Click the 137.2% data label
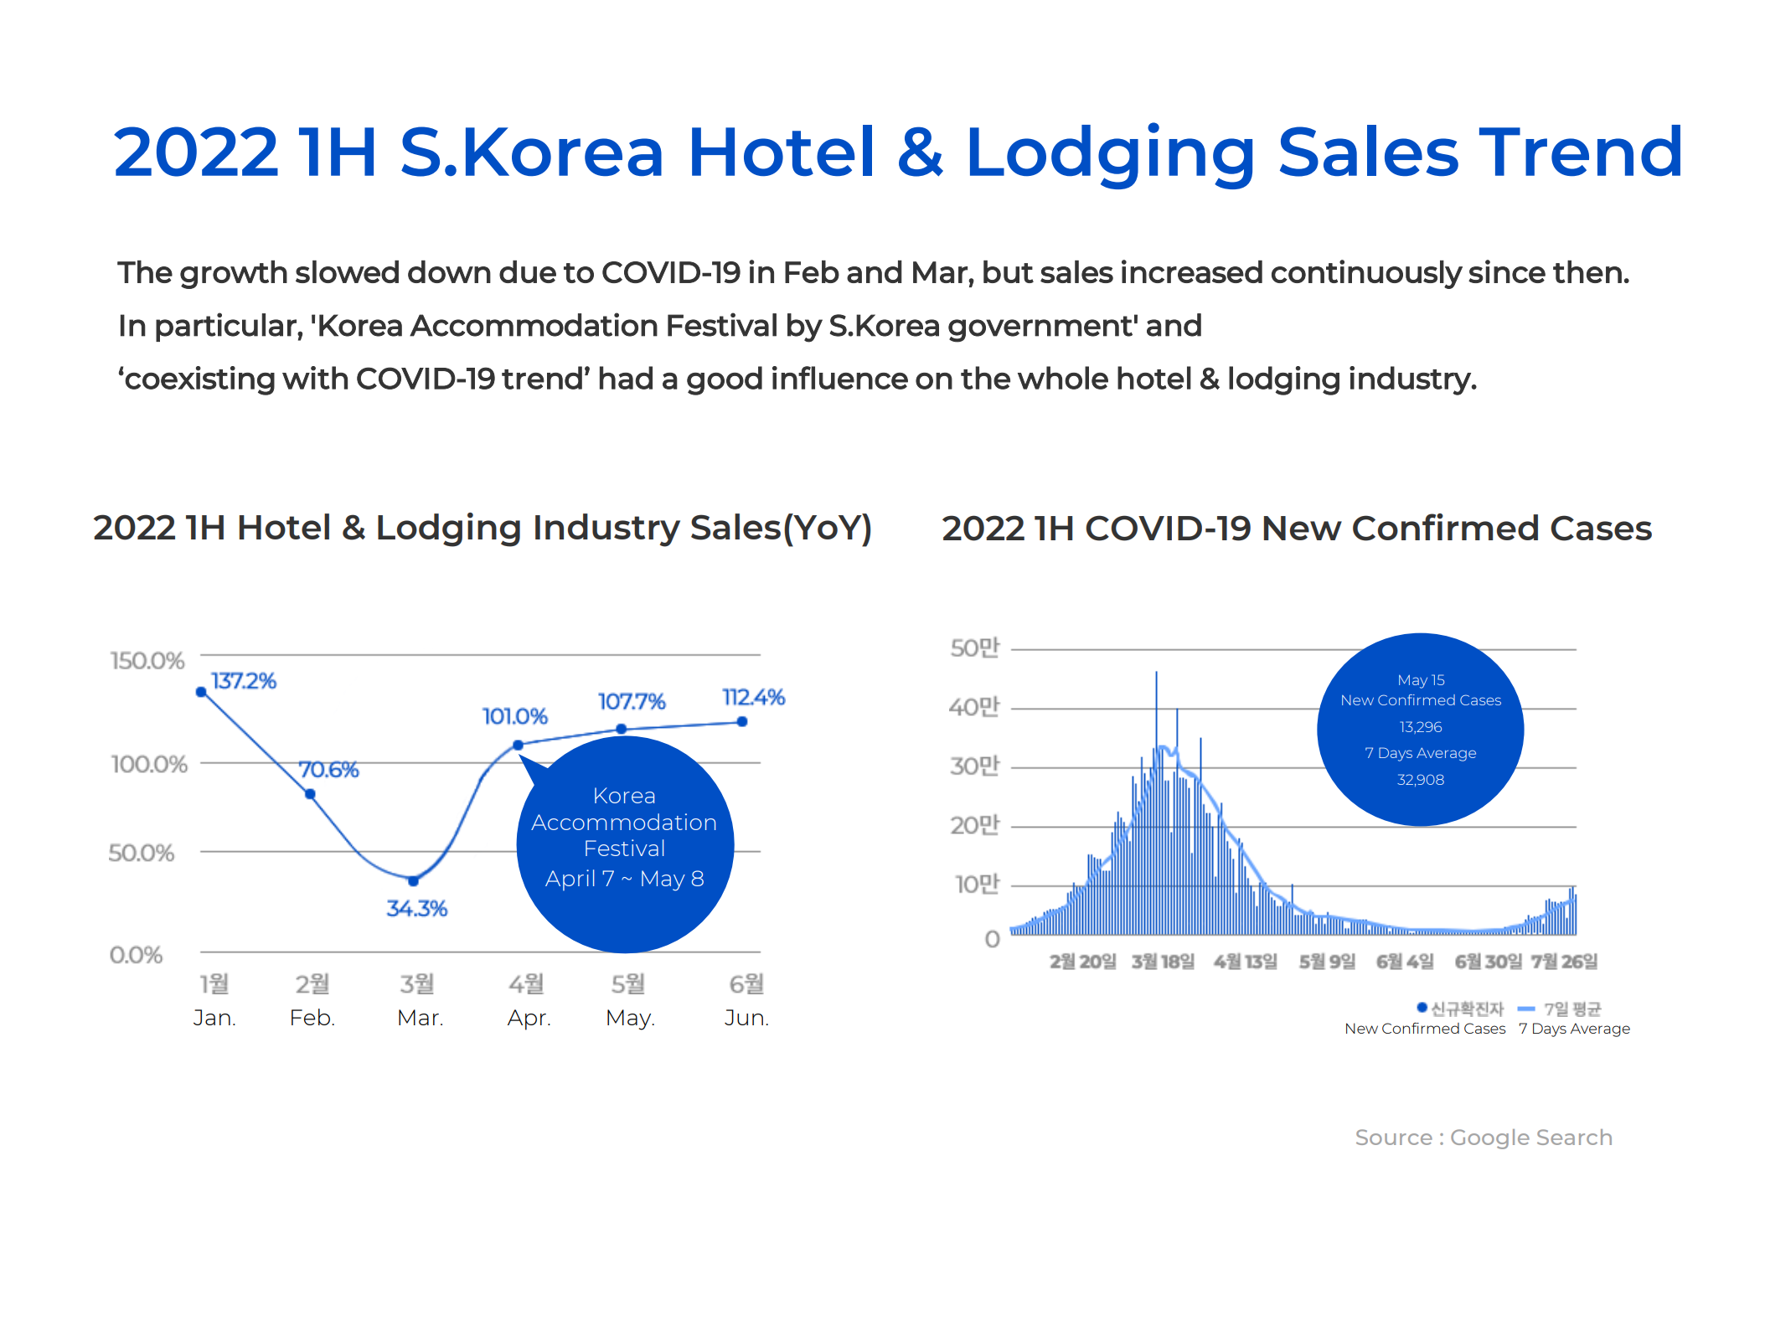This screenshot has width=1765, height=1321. (x=243, y=681)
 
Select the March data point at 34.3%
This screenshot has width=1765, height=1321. (x=413, y=880)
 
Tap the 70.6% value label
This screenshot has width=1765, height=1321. (x=328, y=770)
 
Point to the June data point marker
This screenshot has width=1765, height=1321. (x=742, y=721)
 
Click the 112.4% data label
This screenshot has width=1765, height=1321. (x=753, y=697)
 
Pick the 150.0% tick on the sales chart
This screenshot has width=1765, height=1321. (x=147, y=661)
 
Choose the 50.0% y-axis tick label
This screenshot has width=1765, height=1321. (x=142, y=853)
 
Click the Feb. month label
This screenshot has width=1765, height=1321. (x=312, y=1018)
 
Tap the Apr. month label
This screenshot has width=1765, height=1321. (x=529, y=1018)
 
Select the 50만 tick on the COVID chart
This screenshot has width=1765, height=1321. (x=975, y=648)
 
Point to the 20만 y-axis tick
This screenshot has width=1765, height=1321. (x=975, y=825)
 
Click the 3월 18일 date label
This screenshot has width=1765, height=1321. (x=1163, y=961)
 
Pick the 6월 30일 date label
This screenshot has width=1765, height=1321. (x=1488, y=961)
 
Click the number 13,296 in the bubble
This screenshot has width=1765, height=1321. (x=1421, y=727)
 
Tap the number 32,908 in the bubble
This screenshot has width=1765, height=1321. (x=1421, y=780)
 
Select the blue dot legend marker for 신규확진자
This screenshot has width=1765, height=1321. (x=1422, y=1007)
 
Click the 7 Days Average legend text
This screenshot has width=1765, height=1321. (x=1574, y=1029)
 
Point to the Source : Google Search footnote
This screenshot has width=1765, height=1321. (x=1484, y=1138)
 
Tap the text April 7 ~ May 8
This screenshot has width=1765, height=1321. (x=624, y=879)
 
